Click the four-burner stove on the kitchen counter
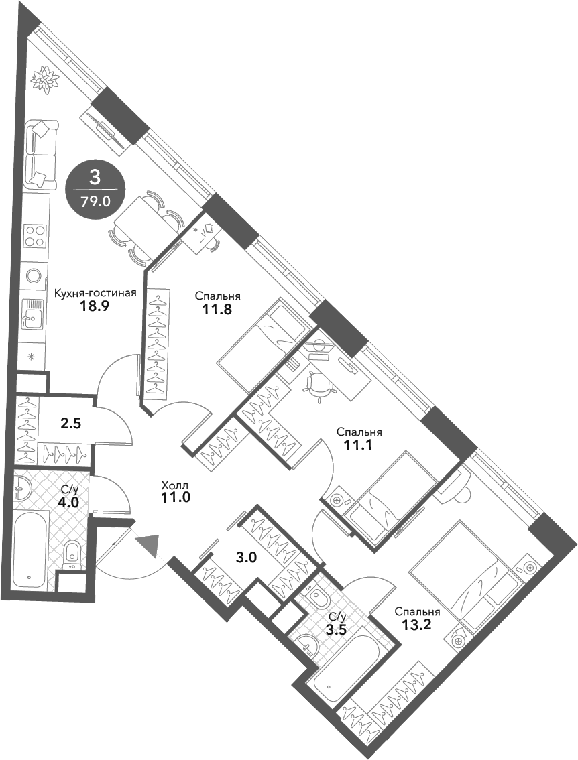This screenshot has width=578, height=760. (x=34, y=237)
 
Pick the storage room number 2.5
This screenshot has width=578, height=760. (x=71, y=424)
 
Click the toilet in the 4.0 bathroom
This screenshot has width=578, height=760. (x=72, y=556)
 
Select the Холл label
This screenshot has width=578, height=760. (x=175, y=485)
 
